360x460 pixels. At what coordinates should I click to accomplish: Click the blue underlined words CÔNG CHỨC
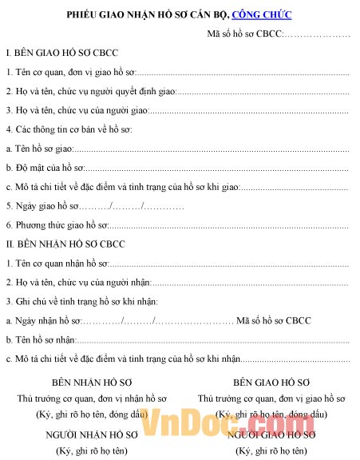click(262, 14)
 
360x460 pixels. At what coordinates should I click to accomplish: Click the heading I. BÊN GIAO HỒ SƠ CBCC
click(61, 53)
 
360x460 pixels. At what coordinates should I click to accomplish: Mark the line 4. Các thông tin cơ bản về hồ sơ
click(69, 129)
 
